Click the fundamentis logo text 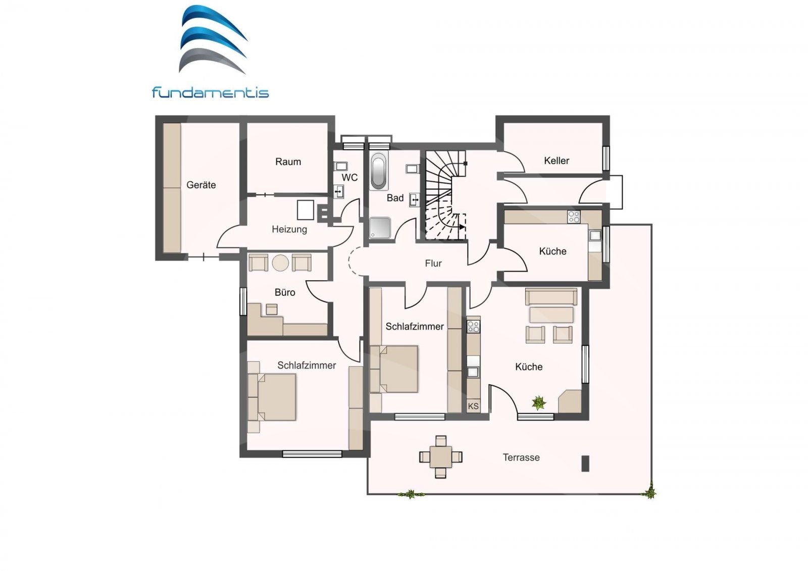210,93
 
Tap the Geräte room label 201,185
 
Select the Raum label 288,162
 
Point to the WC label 349,178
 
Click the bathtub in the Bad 378,171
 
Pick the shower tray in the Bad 380,227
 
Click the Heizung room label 289,230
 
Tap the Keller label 557,161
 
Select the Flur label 433,264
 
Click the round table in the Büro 280,263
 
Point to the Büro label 285,293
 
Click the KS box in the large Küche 473,406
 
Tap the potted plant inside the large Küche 539,403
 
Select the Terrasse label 521,458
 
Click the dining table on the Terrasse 441,457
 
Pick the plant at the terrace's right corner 650,492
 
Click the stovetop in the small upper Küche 574,217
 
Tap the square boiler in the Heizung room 306,210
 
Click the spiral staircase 445,195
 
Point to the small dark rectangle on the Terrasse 585,463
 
